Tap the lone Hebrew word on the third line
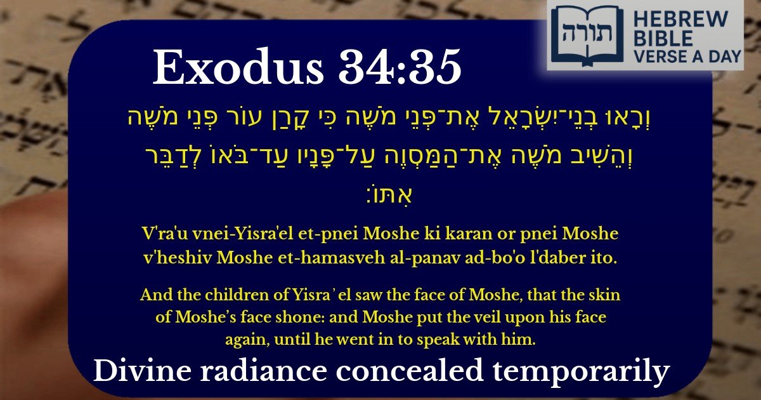(x=380, y=190)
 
